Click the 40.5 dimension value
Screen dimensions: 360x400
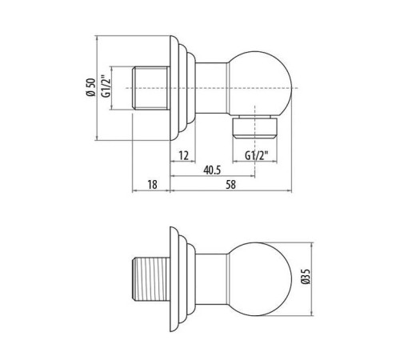[212, 170]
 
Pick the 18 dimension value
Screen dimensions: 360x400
[152, 185]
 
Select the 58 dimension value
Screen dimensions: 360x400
[230, 185]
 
